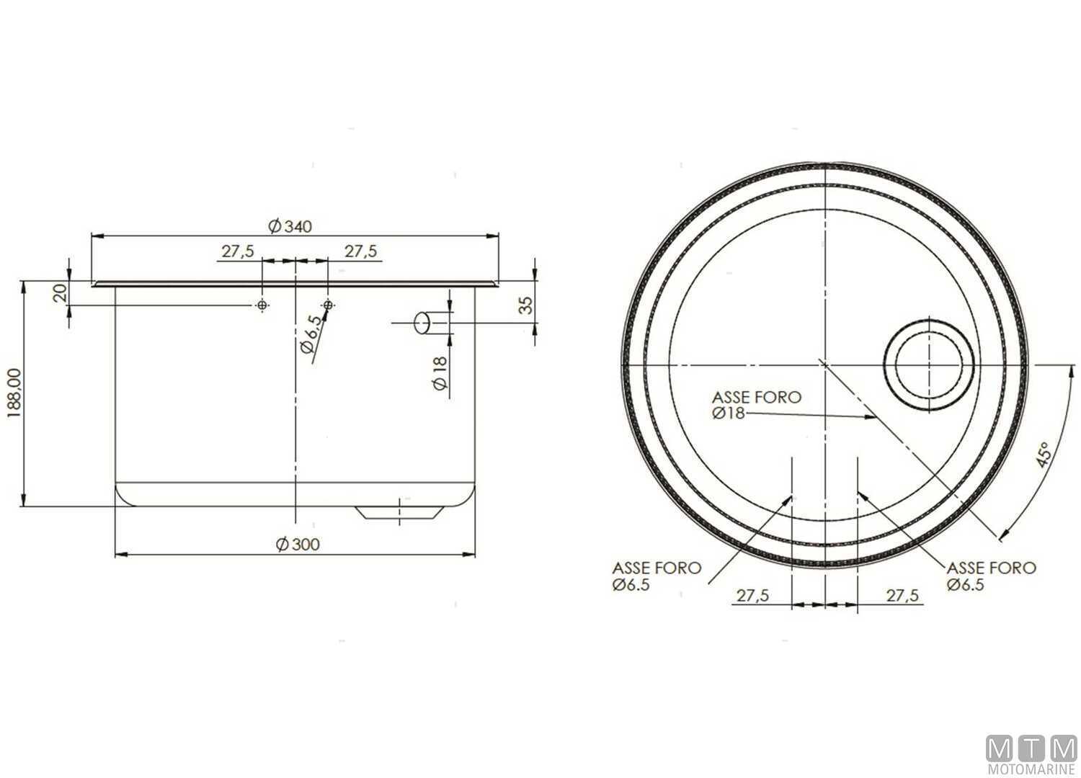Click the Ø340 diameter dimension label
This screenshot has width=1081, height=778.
coord(290,227)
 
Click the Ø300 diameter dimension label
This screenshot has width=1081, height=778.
coord(296,545)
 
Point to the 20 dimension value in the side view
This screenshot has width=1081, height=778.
coord(61,292)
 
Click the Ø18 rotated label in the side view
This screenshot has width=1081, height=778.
coord(440,373)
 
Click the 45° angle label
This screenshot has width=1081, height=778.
coord(1042,455)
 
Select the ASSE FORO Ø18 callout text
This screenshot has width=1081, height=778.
coord(756,405)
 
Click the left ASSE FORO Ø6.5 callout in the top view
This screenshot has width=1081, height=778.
coord(656,576)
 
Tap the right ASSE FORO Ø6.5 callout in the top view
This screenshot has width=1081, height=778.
coord(991,576)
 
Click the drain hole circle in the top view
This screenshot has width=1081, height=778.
coord(930,362)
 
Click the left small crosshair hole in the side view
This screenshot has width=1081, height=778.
coord(262,306)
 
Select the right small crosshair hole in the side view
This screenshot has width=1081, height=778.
coord(329,306)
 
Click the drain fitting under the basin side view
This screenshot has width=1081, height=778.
coord(399,513)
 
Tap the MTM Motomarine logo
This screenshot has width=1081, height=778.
coord(1031,756)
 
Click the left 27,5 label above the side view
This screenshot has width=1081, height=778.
coord(237,251)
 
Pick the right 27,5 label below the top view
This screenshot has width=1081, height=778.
coord(902,596)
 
